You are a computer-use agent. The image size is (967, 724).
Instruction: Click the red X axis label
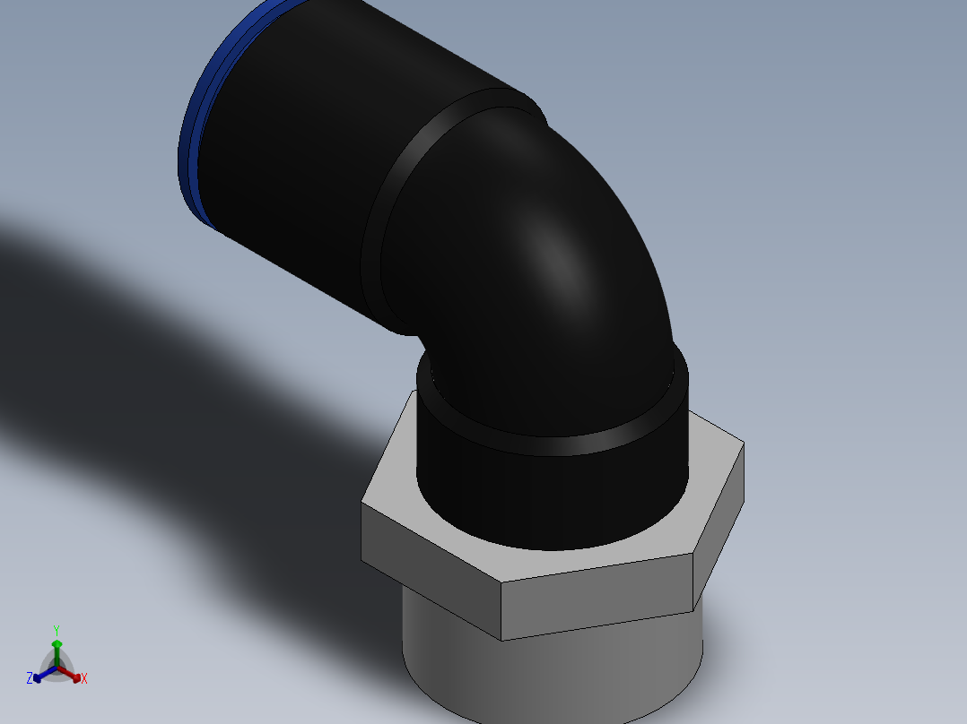click(x=84, y=679)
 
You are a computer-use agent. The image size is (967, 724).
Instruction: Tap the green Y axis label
click(x=56, y=630)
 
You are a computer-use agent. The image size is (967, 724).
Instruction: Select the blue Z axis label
click(x=30, y=678)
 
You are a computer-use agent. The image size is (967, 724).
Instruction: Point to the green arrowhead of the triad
click(x=57, y=643)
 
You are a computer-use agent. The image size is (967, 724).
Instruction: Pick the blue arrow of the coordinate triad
click(x=40, y=676)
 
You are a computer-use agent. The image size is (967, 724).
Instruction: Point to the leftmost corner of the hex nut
click(x=362, y=504)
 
